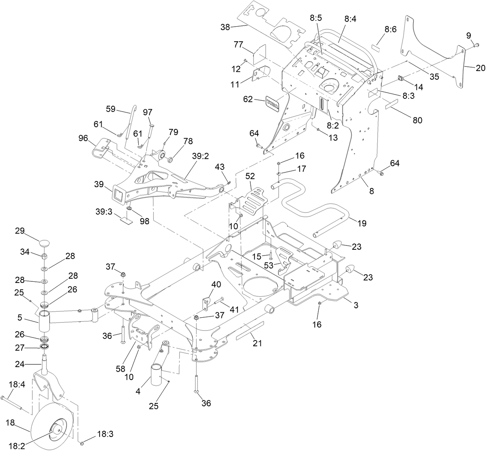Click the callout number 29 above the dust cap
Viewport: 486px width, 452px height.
20,231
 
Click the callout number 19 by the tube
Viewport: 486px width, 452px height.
362,223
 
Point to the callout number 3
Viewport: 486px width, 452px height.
356,305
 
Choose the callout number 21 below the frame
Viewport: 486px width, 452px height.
257,343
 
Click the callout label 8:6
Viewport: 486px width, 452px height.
391,29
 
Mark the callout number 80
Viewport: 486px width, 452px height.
417,120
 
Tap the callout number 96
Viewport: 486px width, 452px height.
83,138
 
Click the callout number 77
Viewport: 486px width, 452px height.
238,44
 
